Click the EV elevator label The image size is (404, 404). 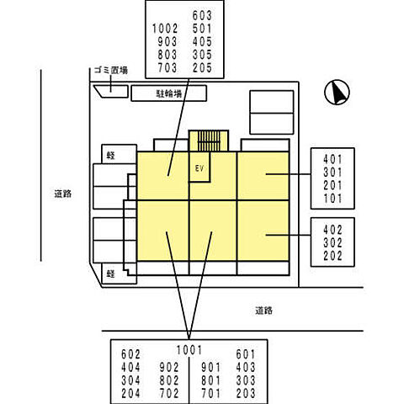[x=199, y=168]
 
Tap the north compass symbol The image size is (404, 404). [x=337, y=93]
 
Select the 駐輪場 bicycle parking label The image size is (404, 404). [x=169, y=93]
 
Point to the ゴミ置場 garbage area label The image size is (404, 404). [x=111, y=70]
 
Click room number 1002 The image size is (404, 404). [x=165, y=29]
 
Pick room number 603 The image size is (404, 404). [x=202, y=15]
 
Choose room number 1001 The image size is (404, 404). [x=189, y=350]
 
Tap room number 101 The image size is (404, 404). [x=332, y=199]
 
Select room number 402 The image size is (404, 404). [x=332, y=230]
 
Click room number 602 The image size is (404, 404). [x=130, y=354]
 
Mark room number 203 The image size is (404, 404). [x=246, y=393]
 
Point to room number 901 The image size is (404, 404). [x=211, y=368]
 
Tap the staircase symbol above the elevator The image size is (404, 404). [x=209, y=141]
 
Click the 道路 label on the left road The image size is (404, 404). [x=63, y=194]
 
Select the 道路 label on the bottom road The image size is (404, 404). [x=263, y=311]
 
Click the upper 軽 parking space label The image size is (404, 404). [x=111, y=156]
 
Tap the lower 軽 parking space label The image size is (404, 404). [x=111, y=274]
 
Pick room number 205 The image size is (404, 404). [x=202, y=68]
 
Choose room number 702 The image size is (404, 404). [x=169, y=393]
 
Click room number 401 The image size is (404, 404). [x=332, y=159]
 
